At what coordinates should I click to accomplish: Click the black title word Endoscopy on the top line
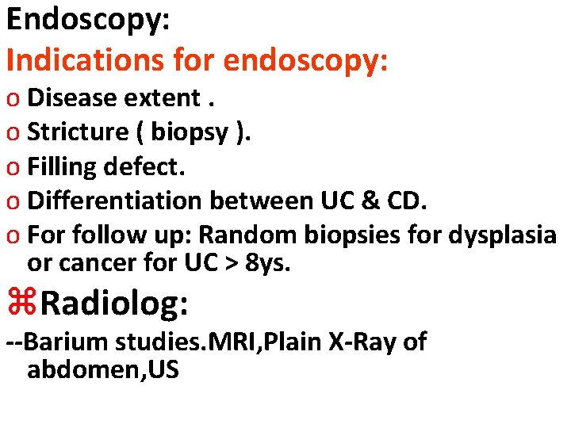[x=83, y=20]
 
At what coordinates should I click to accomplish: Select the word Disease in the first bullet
[x=72, y=97]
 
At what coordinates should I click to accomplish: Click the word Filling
[x=63, y=166]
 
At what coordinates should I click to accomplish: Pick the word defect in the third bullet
[x=152, y=166]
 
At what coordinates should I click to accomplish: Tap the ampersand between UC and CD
[x=368, y=201]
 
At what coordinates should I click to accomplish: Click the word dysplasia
[x=502, y=235]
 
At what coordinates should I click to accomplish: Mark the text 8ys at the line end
[x=268, y=262]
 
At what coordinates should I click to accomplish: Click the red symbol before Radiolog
[x=21, y=303]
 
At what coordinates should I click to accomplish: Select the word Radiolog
[x=116, y=303]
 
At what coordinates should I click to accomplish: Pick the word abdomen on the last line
[x=80, y=369]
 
